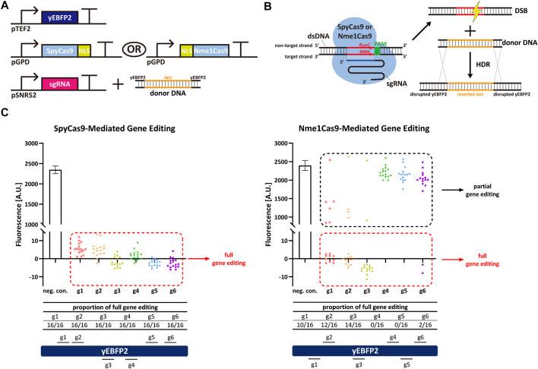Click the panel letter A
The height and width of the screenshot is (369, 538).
click(x=7, y=6)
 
